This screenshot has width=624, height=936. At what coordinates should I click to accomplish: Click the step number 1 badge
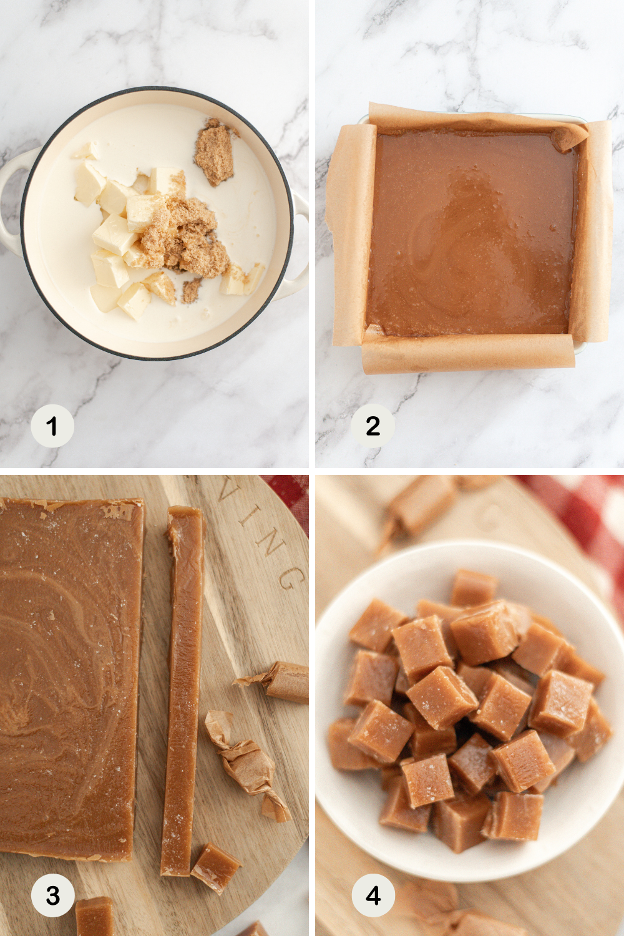pos(52,426)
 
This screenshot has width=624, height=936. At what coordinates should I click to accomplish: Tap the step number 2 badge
pos(373,426)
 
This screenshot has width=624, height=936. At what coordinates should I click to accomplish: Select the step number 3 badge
pos(53,895)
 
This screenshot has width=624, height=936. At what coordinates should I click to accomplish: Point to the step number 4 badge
pos(373,895)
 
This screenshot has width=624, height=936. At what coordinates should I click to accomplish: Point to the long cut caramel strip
pos(183,686)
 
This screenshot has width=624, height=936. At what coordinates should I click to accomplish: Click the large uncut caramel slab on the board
pos(69,674)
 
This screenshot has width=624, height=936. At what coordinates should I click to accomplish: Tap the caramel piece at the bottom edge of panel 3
pos(95,917)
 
